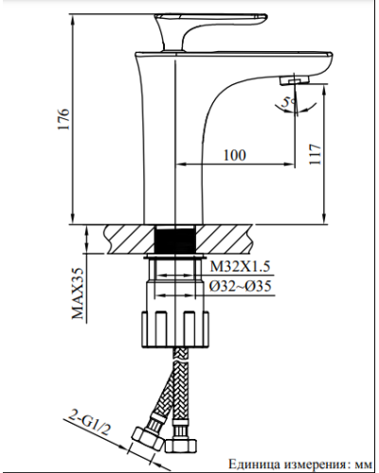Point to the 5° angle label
tap(294, 98)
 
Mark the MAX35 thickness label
tap(81, 294)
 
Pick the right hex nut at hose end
tap(180, 443)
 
